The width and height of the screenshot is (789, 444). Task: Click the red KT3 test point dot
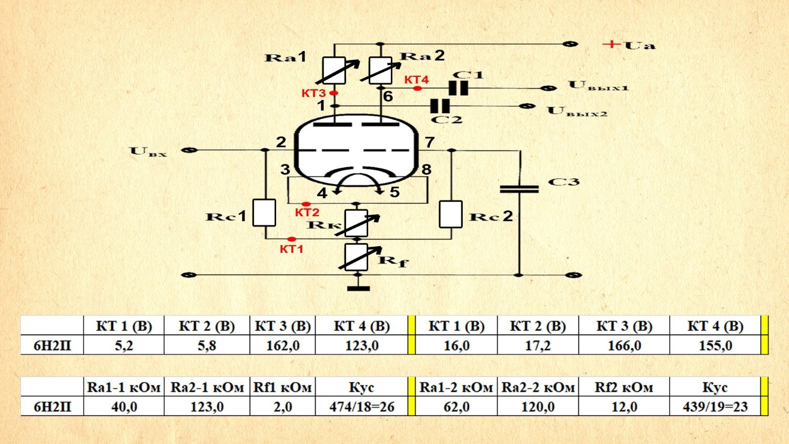[333, 93]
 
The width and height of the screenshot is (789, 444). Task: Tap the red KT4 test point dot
[417, 88]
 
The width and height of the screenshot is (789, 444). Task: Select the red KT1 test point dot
[292, 239]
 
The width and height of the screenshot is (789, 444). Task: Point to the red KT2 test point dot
[306, 204]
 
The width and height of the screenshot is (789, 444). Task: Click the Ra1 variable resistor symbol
[335, 71]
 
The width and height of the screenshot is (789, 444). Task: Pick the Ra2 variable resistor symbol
[380, 71]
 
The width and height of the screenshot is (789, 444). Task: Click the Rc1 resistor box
[264, 213]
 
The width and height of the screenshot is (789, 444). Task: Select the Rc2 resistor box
[451, 214]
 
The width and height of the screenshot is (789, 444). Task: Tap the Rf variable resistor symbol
[357, 257]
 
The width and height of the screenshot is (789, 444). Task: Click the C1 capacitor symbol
[459, 88]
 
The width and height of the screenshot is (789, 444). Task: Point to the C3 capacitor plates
[519, 188]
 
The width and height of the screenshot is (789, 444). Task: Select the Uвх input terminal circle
[189, 150]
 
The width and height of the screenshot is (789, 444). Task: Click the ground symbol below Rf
[358, 288]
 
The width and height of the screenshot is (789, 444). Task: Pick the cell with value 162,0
[282, 346]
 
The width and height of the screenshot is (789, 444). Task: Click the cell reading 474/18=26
[361, 407]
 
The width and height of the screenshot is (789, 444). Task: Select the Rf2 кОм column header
[624, 388]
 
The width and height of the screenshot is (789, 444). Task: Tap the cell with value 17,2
[538, 346]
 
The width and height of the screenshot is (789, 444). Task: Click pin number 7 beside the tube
[430, 142]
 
